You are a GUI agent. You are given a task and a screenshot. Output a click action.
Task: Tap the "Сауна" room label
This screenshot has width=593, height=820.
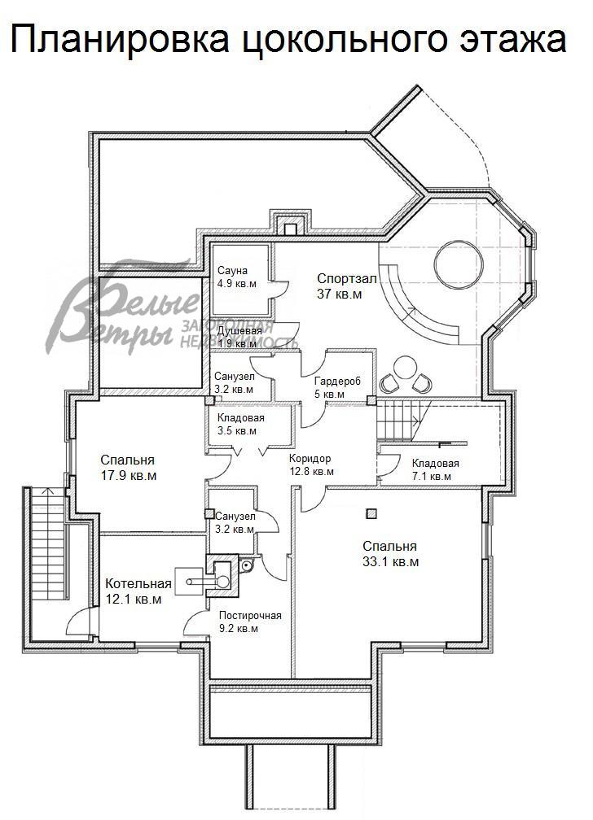coord(233,271)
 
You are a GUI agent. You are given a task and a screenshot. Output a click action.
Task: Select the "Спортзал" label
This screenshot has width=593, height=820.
coord(346,279)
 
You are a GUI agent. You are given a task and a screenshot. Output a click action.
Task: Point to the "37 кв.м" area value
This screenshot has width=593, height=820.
coord(339,294)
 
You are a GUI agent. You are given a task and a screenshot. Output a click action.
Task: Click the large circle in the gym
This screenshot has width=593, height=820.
coord(458,264)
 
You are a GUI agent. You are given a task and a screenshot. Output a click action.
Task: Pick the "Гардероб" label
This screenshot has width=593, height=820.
coord(337,382)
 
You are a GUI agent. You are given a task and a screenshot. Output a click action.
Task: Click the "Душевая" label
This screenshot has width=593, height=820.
coord(239,332)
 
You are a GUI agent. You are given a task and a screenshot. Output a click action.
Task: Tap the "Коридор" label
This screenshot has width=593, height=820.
coord(310,459)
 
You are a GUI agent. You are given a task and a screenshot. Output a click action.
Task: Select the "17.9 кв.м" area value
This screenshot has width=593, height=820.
coord(129,476)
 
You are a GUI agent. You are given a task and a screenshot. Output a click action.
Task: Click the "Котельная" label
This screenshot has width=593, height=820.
coord(138,584)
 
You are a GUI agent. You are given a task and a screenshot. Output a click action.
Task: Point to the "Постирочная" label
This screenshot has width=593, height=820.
coord(250,616)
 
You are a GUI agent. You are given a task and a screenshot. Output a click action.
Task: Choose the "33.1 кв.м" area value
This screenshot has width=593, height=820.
coord(390,563)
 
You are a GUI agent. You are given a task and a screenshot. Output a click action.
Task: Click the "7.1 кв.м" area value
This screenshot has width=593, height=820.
coord(431,477)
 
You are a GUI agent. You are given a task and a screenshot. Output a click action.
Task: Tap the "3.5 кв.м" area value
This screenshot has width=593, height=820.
coord(237,431)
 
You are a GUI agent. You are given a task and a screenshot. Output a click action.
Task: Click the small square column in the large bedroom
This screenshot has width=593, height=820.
coord(371,514)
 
